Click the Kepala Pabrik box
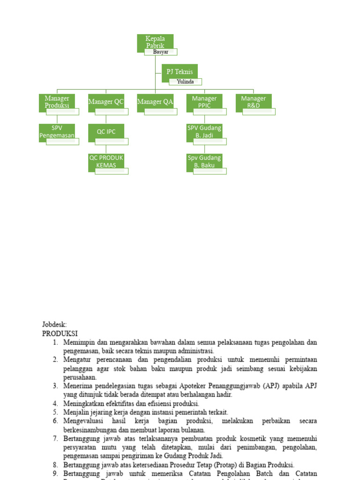155,41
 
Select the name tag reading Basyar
160,52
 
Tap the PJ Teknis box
180,72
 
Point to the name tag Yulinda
185,82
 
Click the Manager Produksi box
57,101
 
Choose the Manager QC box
106,102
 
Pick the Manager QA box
155,102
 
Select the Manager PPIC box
204,101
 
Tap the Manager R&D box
254,101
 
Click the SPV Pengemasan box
57,131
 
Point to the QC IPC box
106,132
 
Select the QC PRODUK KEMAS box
106,161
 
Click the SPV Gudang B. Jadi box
204,131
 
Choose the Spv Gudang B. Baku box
204,161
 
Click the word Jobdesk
54,324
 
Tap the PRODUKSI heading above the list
60,333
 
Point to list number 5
55,412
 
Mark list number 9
55,474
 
